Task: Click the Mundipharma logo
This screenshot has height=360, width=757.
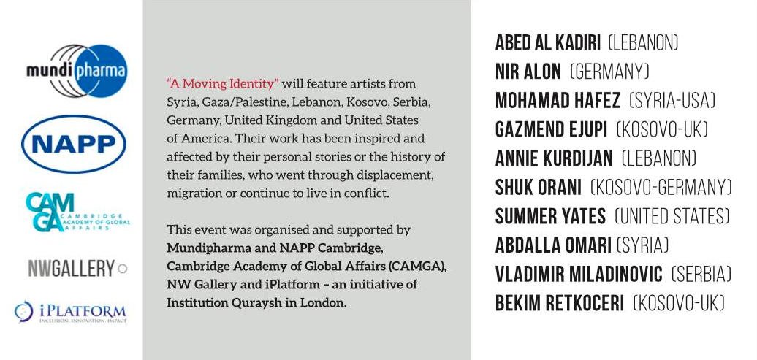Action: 76,71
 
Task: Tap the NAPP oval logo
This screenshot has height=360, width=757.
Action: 74,145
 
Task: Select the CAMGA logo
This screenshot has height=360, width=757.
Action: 76,212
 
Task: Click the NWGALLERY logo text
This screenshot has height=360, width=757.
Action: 72,269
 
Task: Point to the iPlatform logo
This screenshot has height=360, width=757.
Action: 70,312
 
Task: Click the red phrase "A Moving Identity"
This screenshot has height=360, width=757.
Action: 223,84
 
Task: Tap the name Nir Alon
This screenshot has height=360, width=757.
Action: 528,72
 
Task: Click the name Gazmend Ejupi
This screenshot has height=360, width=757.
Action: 551,130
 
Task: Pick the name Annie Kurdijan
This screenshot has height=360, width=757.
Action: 553,158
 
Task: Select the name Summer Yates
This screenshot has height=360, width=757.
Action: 550,217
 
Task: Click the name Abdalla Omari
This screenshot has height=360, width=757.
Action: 553,245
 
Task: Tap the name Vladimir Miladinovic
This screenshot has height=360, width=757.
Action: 579,275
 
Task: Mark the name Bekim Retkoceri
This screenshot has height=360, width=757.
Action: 560,303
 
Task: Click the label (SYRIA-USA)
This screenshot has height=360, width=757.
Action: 672,101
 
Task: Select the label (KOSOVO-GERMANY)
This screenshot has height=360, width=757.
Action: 661,188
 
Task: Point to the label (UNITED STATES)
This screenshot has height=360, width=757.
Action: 672,217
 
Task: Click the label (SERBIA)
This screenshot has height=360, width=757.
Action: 701,275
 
